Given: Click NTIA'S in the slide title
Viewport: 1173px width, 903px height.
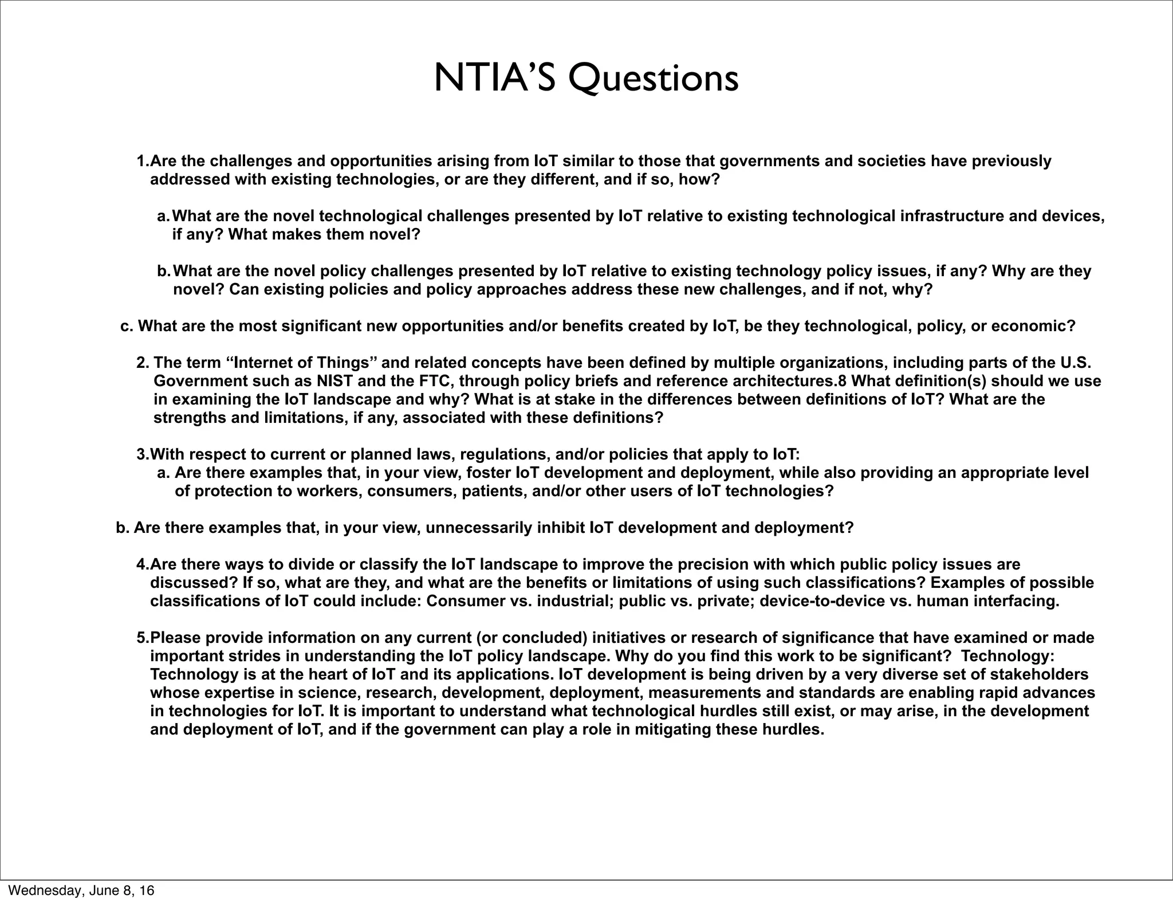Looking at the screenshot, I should (495, 78).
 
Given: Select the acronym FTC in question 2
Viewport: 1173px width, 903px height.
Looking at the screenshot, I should (434, 381).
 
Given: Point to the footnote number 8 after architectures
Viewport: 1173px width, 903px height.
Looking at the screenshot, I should (843, 381).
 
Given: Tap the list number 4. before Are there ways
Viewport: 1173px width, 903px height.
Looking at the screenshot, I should (142, 564).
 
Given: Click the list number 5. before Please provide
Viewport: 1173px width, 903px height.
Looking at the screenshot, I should (142, 638).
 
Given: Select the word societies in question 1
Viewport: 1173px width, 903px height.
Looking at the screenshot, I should (891, 161).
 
